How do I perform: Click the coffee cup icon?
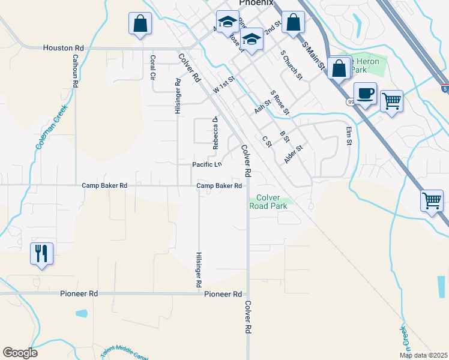[x=365, y=94]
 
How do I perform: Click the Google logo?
[x=20, y=352]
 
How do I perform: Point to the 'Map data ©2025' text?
[x=424, y=355]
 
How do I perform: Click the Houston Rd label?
[x=63, y=48]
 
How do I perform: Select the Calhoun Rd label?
[x=76, y=71]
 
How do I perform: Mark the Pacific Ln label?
[x=206, y=164]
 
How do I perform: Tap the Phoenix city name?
[x=256, y=3]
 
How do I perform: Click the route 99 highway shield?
[x=350, y=102]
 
